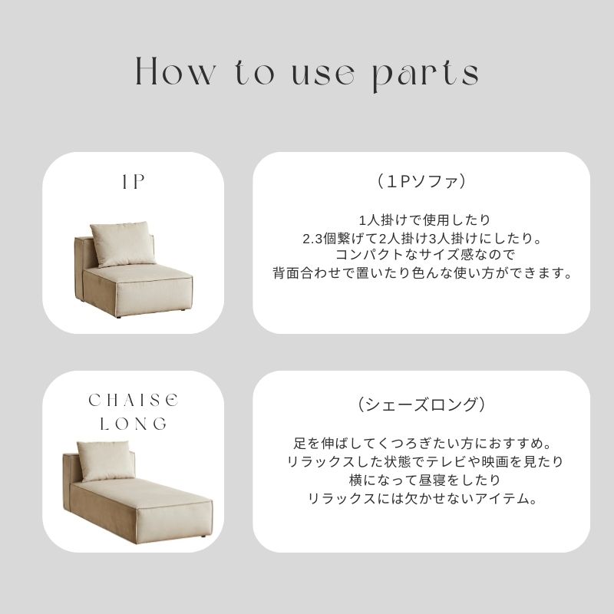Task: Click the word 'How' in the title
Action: pyautogui.click(x=176, y=71)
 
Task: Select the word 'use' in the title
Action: pyautogui.click(x=324, y=74)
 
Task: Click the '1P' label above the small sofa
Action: pyautogui.click(x=133, y=182)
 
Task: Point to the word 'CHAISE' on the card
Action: pyautogui.click(x=133, y=400)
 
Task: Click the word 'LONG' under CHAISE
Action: pyautogui.click(x=133, y=424)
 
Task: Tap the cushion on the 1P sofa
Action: pyautogui.click(x=123, y=243)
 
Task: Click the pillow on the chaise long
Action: pyautogui.click(x=106, y=460)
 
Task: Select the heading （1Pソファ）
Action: pyautogui.click(x=421, y=182)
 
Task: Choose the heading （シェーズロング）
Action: pyautogui.click(x=421, y=404)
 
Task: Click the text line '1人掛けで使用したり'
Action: pyautogui.click(x=424, y=220)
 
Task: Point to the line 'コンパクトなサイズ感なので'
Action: pyautogui.click(x=424, y=255)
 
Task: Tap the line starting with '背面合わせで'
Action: pyautogui.click(x=422, y=273)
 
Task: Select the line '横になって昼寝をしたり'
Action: pyautogui.click(x=424, y=480)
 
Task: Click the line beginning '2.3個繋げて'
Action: pyautogui.click(x=422, y=239)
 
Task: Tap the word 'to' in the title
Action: pyautogui.click(x=254, y=72)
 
